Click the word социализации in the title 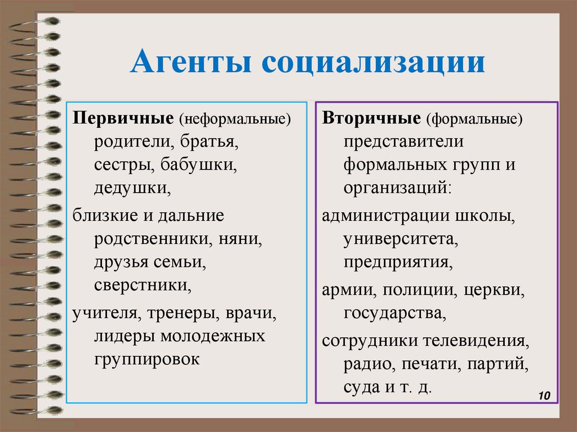point(372,63)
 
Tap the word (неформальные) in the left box point(235,119)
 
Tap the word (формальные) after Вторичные point(474,119)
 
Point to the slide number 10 point(544,396)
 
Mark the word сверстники point(143,286)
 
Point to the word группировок point(147,359)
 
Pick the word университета point(401,239)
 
